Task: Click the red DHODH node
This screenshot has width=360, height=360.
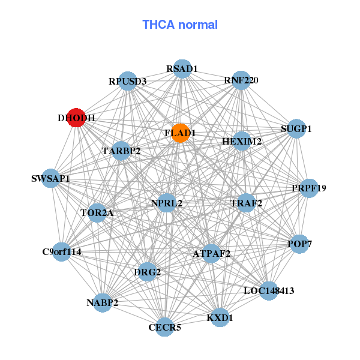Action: click(x=76, y=118)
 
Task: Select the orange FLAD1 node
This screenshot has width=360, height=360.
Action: click(x=181, y=133)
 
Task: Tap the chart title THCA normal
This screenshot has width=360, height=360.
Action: click(x=179, y=25)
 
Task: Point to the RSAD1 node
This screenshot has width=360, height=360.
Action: click(x=182, y=69)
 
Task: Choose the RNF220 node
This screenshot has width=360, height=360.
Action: click(x=241, y=80)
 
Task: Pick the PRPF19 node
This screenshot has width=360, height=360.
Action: click(x=309, y=188)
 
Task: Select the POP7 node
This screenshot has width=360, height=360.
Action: click(x=300, y=244)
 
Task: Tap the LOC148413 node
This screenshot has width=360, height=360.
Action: click(x=269, y=291)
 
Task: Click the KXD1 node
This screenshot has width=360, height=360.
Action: click(x=220, y=317)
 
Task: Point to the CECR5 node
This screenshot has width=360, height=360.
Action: click(x=165, y=327)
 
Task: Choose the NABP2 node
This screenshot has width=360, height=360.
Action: click(x=103, y=303)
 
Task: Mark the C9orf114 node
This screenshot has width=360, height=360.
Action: click(x=62, y=251)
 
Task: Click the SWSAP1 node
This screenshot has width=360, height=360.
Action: click(x=51, y=179)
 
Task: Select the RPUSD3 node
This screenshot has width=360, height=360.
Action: click(x=128, y=81)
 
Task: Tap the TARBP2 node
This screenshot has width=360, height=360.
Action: click(x=121, y=151)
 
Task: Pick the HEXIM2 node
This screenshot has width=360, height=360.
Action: click(x=242, y=142)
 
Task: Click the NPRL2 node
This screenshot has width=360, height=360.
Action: click(x=167, y=203)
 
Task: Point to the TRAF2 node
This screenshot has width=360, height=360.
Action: click(x=247, y=203)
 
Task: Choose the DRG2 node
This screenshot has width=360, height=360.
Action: click(x=148, y=272)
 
